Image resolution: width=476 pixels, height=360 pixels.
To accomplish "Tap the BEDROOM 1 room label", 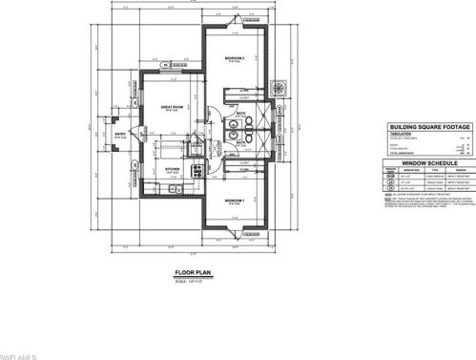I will pyautogui.click(x=235, y=200).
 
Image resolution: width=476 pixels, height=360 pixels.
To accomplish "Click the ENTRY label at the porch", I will pyautogui.click(x=121, y=135).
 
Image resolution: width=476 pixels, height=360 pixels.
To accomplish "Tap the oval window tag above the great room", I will pyautogui.click(x=164, y=65).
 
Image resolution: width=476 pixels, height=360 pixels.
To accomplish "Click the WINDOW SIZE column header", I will pyautogui.click(x=407, y=172).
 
